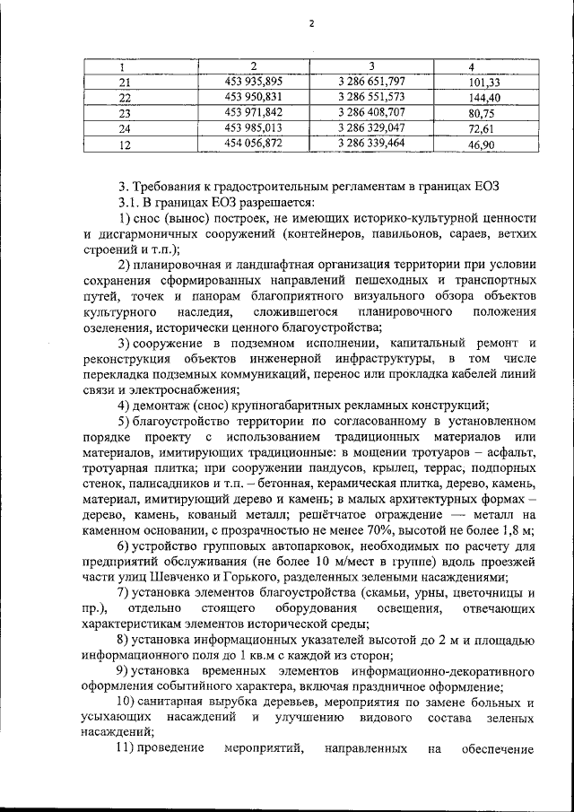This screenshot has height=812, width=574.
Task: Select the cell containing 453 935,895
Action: [253, 82]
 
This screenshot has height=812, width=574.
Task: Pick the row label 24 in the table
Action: [125, 128]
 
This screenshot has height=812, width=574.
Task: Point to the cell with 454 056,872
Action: [253, 144]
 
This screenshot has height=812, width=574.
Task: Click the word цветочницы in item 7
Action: [484, 592]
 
